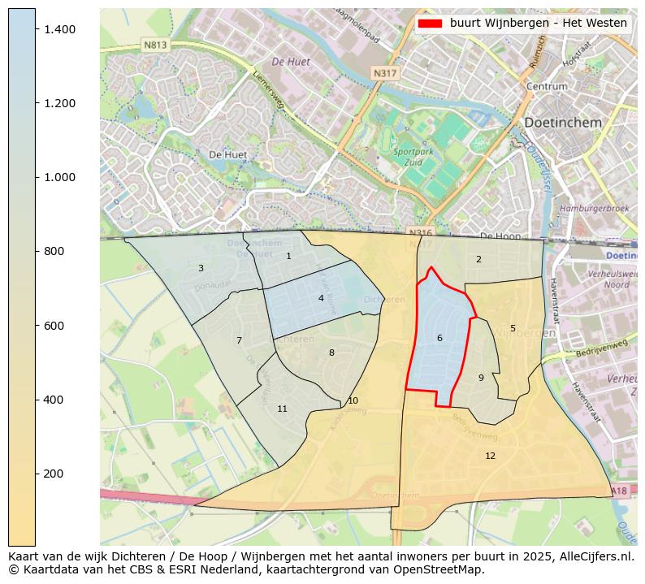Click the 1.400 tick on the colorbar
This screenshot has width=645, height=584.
coord(36,29)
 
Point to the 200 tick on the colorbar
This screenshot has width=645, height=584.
coord(36,474)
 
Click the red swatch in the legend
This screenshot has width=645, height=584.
coord(430,24)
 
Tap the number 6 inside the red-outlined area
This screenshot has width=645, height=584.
coord(439,339)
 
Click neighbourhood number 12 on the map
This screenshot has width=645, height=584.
coord(490,456)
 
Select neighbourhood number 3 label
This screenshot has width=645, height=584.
coord(201,269)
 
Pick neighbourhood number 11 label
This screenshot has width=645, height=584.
coord(282,409)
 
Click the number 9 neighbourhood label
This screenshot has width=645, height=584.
coord(481,378)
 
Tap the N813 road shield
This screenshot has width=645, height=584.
coord(155,45)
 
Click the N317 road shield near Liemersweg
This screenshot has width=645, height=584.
coord(384,74)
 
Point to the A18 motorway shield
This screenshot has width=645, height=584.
coord(619,491)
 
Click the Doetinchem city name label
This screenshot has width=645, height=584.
coord(563,123)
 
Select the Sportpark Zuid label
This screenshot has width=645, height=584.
coord(413,157)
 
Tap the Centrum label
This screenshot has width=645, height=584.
coord(547,86)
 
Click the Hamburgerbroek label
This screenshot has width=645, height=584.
coord(594,209)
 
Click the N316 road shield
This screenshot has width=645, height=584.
coord(421,233)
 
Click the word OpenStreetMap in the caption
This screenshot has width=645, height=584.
coord(444,569)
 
